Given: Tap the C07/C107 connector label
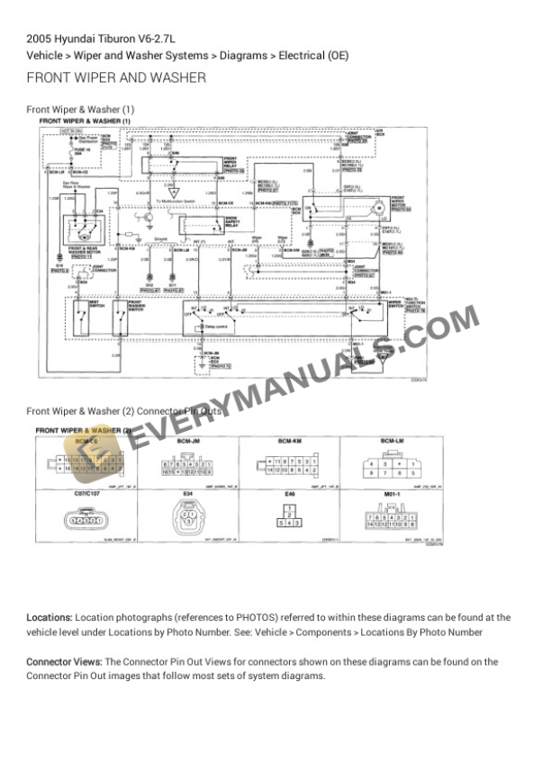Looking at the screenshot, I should click(86, 494).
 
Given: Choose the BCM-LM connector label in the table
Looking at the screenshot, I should click(392, 441).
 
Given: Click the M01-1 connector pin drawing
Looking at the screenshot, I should click(392, 520).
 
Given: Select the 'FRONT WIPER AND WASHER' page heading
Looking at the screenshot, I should click(116, 78).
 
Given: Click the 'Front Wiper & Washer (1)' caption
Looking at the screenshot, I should click(81, 109).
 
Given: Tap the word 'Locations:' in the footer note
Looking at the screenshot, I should click(50, 618).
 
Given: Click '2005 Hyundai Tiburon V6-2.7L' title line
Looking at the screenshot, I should click(101, 39).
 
